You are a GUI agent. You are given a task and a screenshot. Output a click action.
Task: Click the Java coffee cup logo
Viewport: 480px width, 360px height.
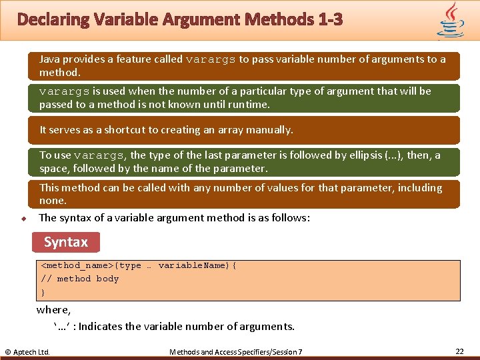pyautogui.click(x=451, y=20)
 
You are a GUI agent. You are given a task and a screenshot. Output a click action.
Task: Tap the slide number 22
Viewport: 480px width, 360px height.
pyautogui.click(x=459, y=351)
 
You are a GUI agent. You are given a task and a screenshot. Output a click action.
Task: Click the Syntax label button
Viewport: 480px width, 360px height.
pyautogui.click(x=65, y=242)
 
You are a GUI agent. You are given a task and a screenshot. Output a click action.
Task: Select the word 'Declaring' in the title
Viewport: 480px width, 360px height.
pyautogui.click(x=51, y=20)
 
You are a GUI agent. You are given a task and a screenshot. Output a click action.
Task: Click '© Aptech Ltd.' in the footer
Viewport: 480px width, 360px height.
pyautogui.click(x=27, y=351)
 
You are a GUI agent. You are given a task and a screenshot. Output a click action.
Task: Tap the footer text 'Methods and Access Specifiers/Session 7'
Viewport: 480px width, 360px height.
pyautogui.click(x=236, y=351)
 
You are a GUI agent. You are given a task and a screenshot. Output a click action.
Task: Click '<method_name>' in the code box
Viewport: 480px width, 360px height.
pyautogui.click(x=77, y=265)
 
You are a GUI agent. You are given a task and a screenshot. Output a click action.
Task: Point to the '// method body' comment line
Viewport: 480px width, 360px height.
pyautogui.click(x=80, y=279)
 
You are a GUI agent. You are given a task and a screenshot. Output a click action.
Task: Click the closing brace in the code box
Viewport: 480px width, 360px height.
pyautogui.click(x=43, y=292)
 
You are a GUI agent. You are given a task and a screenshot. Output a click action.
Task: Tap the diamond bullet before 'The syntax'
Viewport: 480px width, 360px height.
pyautogui.click(x=23, y=219)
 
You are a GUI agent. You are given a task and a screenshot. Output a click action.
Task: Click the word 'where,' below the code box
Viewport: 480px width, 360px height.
pyautogui.click(x=54, y=309)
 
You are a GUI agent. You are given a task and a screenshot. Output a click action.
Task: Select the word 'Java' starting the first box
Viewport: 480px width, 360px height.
pyautogui.click(x=49, y=59)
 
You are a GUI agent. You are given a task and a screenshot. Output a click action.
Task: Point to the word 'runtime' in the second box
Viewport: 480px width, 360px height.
pyautogui.click(x=248, y=104)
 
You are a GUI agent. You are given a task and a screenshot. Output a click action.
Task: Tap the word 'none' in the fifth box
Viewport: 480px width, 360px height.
pyautogui.click(x=52, y=201)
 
